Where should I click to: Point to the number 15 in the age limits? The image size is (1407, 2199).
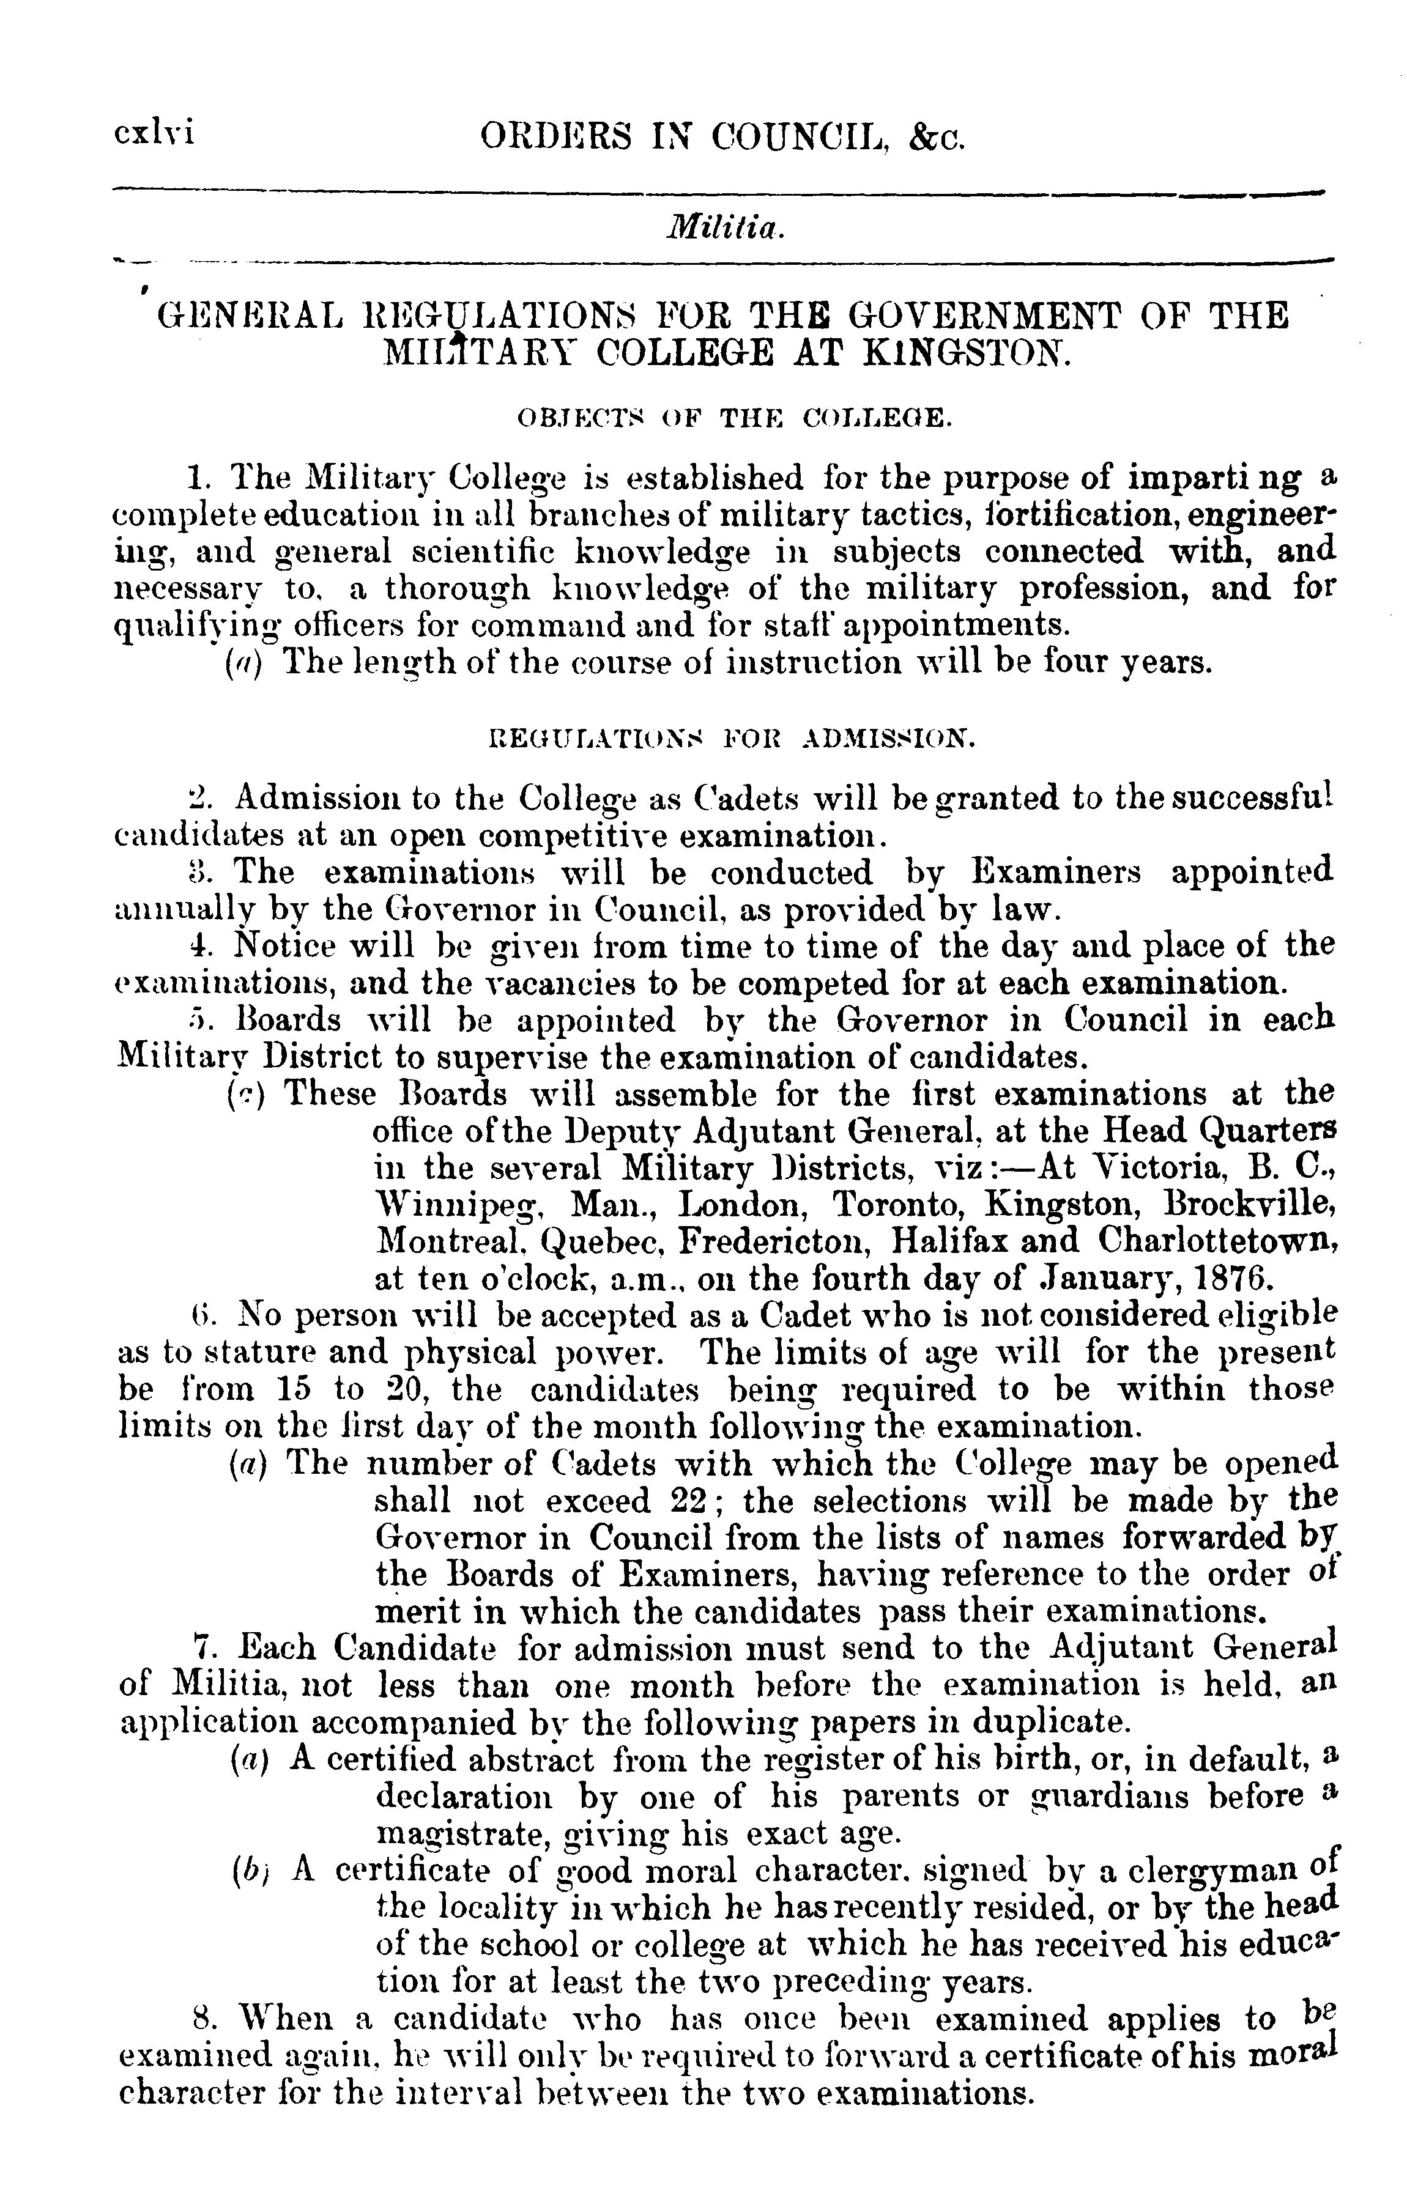tap(291, 1389)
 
